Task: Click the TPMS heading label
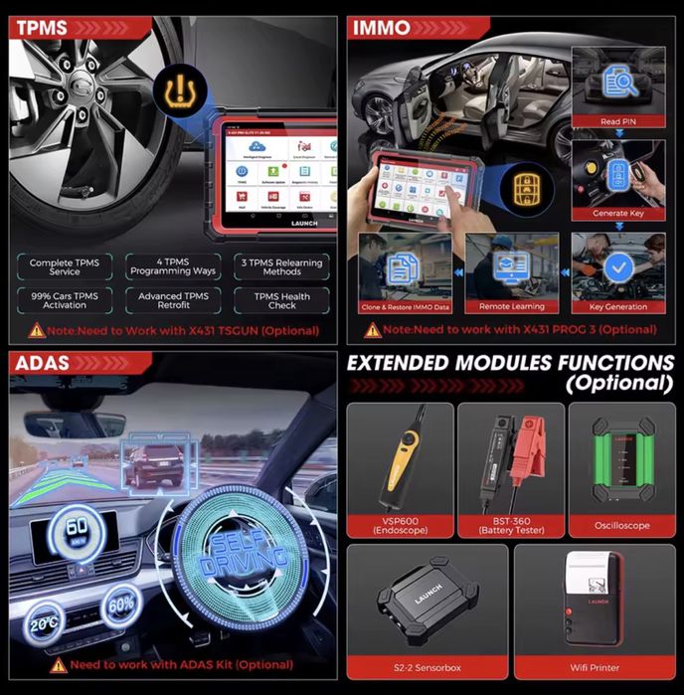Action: point(42,28)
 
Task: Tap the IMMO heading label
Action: point(382,28)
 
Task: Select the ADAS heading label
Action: point(42,363)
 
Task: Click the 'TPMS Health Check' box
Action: point(281,300)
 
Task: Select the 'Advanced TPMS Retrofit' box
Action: point(174,300)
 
